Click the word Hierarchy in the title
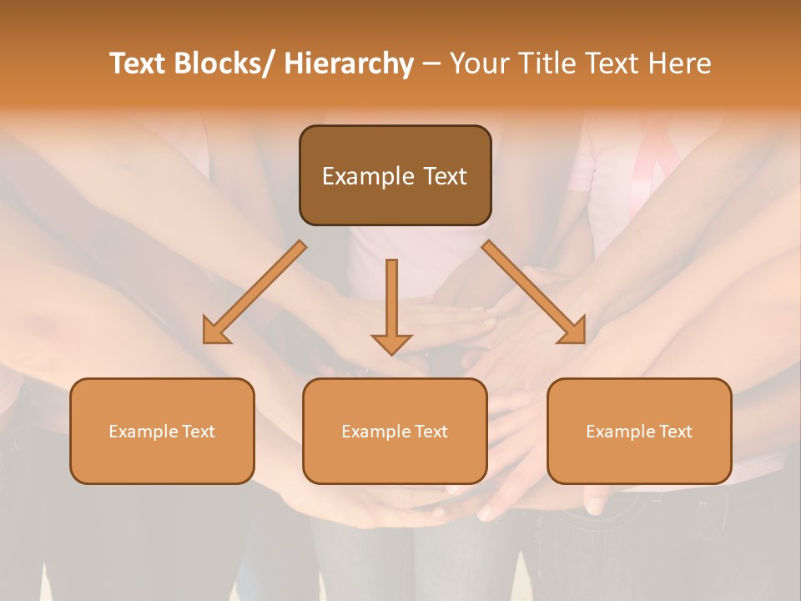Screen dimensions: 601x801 pyautogui.click(x=349, y=63)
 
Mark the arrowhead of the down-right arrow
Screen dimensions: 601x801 pyautogui.click(x=574, y=332)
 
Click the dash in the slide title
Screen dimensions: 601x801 pyautogui.click(x=431, y=63)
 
